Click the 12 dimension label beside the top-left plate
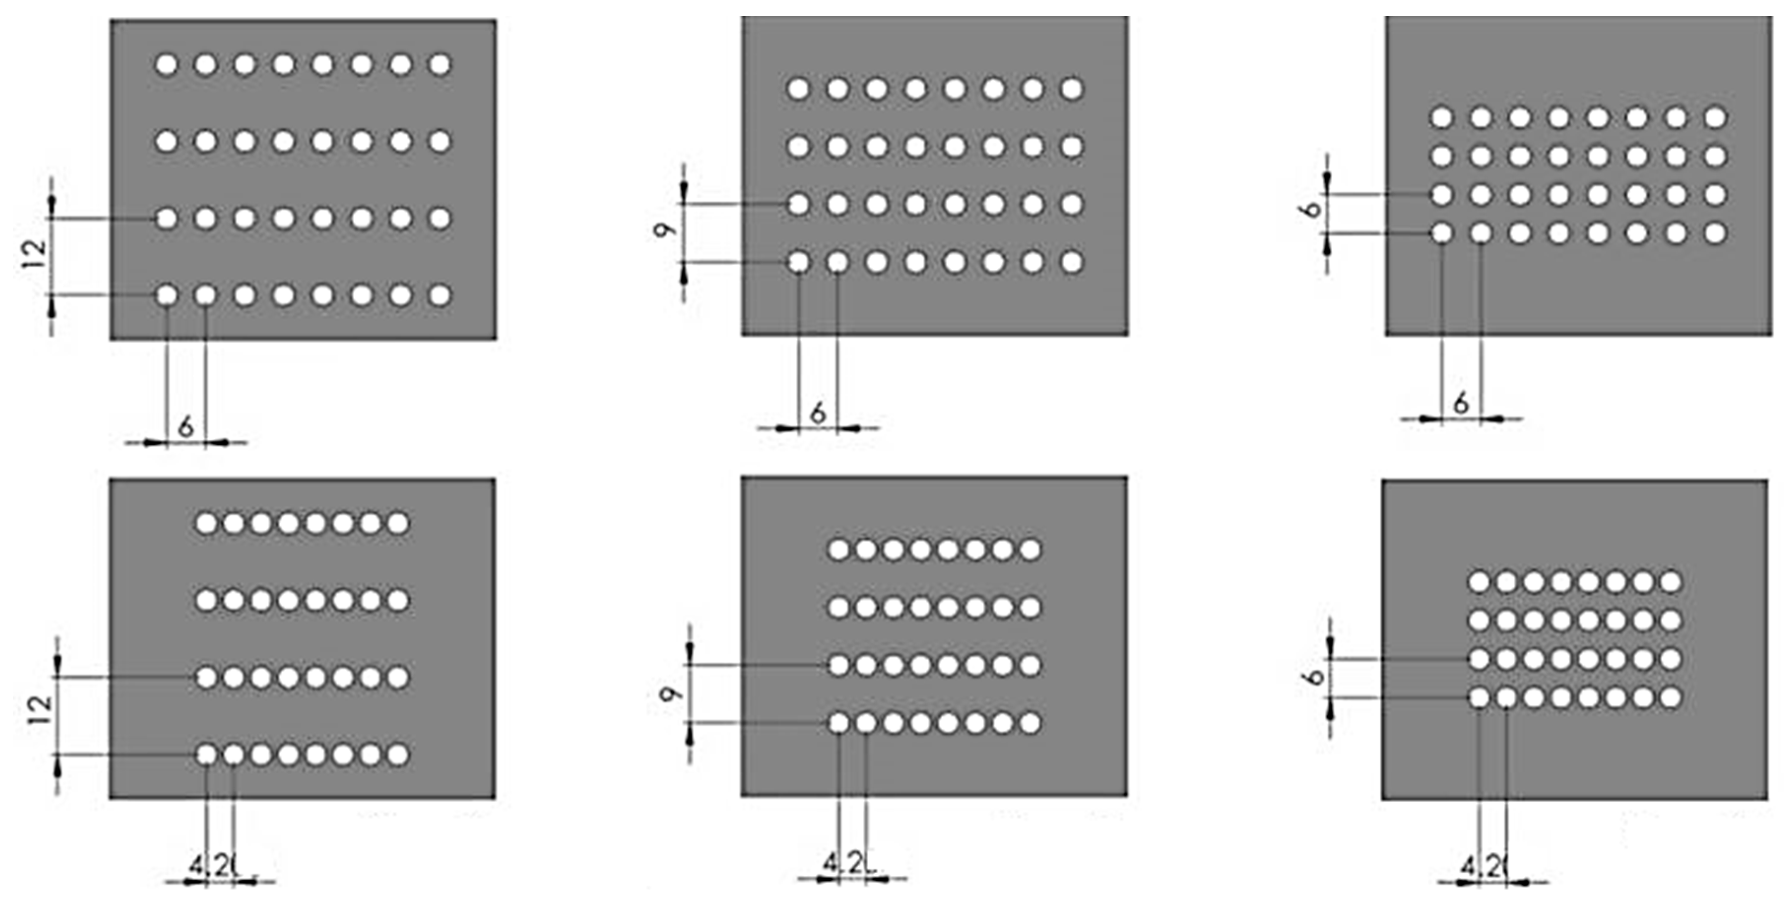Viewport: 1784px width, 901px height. click(x=36, y=254)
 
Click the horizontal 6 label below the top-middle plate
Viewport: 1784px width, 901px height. click(x=818, y=414)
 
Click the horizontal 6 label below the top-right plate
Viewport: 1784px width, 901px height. click(x=1461, y=402)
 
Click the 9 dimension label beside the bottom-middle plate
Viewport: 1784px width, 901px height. click(x=669, y=694)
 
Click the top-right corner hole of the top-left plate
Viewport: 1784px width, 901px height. click(x=440, y=64)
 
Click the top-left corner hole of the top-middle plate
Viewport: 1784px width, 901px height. click(x=799, y=89)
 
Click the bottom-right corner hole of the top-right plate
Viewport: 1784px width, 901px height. click(x=1715, y=233)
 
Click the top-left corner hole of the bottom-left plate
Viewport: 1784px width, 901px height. click(x=206, y=523)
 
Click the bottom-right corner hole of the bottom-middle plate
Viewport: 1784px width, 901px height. click(x=1030, y=723)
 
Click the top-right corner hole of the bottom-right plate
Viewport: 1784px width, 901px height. click(x=1670, y=581)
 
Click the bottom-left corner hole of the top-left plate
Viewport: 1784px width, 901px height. click(x=166, y=296)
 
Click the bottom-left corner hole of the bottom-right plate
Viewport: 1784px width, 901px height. click(x=1479, y=697)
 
